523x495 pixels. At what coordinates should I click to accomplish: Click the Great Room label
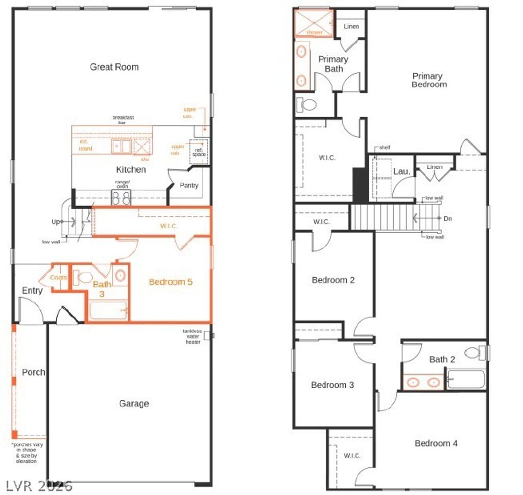(114, 67)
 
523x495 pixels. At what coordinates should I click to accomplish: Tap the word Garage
(134, 403)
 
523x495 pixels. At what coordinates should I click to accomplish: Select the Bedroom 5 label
(171, 282)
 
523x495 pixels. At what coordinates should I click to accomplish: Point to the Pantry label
(189, 186)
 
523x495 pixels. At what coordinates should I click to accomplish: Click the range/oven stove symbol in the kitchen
(121, 197)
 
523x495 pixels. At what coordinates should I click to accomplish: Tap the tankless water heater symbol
(207, 336)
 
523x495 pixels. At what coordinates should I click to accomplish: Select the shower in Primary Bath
(314, 24)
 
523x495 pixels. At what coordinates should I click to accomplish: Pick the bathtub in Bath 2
(466, 379)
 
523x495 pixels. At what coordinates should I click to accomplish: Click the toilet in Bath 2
(474, 353)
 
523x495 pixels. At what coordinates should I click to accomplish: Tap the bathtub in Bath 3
(107, 310)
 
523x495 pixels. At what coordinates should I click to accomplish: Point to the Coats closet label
(58, 278)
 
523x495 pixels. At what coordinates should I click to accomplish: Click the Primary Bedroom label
(427, 80)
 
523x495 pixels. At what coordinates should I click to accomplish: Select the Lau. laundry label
(401, 171)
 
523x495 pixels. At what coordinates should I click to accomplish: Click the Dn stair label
(448, 219)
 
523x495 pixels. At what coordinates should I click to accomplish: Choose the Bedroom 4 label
(436, 443)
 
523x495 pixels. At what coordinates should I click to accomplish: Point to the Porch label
(33, 372)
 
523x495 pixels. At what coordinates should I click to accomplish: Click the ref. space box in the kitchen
(199, 151)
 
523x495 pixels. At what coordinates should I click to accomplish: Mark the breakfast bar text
(123, 120)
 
